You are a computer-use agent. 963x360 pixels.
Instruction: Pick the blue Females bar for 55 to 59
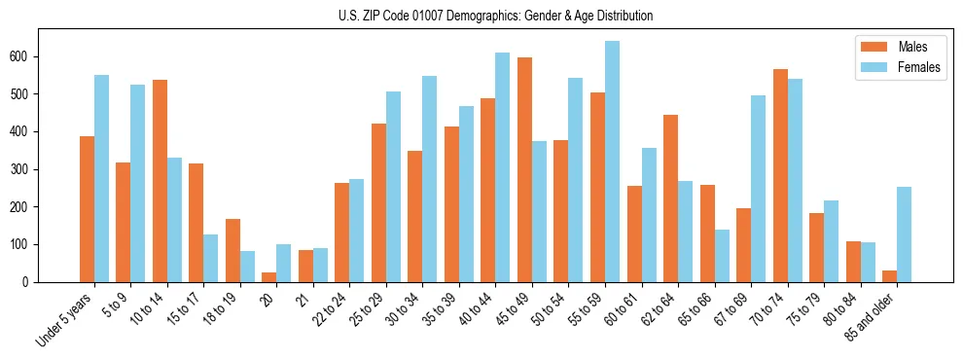point(612,162)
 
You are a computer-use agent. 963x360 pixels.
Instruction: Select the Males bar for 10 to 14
point(160,181)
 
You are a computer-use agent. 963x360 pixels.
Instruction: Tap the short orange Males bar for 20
point(269,277)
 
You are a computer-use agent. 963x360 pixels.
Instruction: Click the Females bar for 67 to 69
point(758,189)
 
